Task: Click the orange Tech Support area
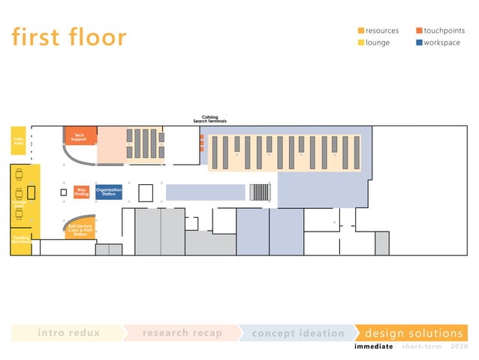pos(80,136)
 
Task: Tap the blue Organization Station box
pos(109,192)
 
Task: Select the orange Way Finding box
pos(82,192)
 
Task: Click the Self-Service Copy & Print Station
pos(80,229)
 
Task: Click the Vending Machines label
pos(20,241)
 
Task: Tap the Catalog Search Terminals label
pos(209,119)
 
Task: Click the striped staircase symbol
pos(259,192)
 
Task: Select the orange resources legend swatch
pos(360,31)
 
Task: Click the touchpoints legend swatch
pos(418,31)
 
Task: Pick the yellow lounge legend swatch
pos(360,43)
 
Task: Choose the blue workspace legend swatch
pos(418,43)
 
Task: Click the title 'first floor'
pos(69,36)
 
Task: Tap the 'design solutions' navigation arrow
pos(413,333)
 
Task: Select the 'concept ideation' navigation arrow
pos(297,333)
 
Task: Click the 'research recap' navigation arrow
pos(182,333)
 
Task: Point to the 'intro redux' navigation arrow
pos(68,333)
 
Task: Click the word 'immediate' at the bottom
pos(373,346)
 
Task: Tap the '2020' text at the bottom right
pos(459,346)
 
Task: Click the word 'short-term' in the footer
pos(422,346)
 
